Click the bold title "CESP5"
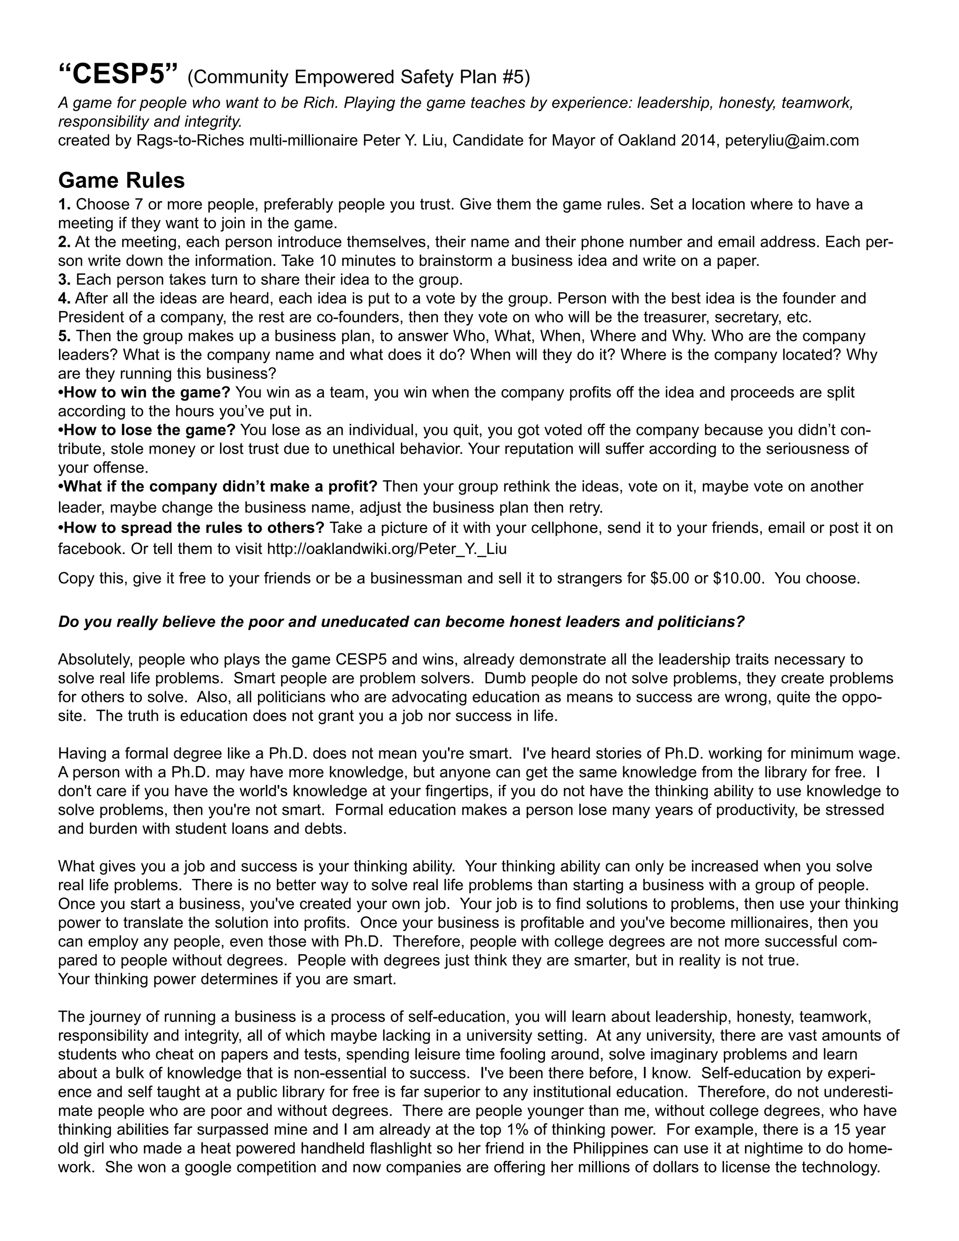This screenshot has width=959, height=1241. click(x=118, y=74)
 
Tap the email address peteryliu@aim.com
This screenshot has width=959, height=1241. click(x=792, y=140)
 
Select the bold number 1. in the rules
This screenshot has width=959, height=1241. click(x=64, y=204)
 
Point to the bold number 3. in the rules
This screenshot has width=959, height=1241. click(x=64, y=280)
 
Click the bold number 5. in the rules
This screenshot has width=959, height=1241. click(x=64, y=336)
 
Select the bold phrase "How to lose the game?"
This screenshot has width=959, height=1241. click(x=148, y=430)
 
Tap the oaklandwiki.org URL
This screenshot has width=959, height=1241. click(x=386, y=549)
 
